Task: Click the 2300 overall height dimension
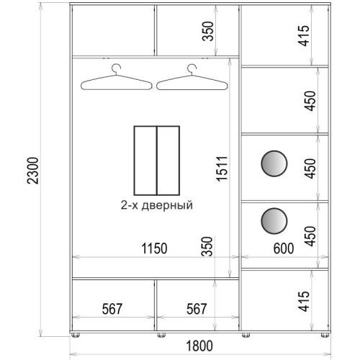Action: [32, 171]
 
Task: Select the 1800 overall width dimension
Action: [199, 346]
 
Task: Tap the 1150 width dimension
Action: [154, 248]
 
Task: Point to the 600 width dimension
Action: [284, 248]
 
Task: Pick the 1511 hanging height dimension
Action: [221, 168]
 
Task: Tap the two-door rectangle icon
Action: [157, 161]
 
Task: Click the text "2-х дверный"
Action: [157, 205]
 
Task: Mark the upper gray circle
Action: [274, 163]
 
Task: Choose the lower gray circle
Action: [274, 221]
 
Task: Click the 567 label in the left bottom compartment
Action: [112, 309]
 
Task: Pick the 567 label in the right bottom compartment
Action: [197, 309]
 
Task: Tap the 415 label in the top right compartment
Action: [304, 35]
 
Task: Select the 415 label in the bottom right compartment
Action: [304, 301]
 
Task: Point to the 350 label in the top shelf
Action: [208, 31]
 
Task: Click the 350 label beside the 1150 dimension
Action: [208, 246]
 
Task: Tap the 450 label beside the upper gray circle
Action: [310, 168]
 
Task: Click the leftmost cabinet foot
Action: [75, 335]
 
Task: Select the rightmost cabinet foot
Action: [325, 335]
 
